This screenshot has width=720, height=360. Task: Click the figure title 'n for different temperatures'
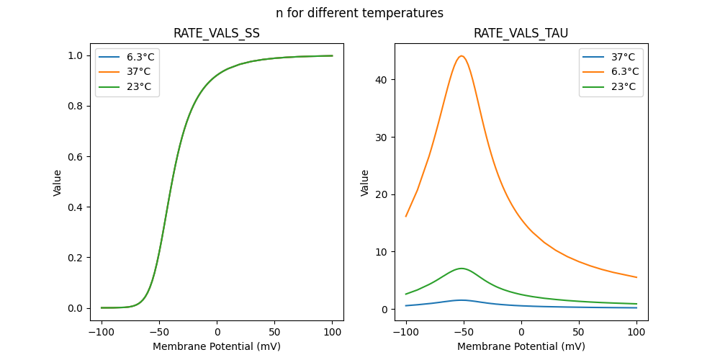click(x=359, y=13)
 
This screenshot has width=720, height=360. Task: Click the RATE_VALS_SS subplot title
click(x=217, y=34)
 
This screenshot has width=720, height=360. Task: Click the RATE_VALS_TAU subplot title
click(x=521, y=34)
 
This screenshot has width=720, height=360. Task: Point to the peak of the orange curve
click(x=462, y=56)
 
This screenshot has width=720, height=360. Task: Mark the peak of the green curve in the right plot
click(x=462, y=269)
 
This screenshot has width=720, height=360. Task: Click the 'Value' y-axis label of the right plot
click(x=365, y=183)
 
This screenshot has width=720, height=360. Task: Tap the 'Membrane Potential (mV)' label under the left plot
click(x=217, y=346)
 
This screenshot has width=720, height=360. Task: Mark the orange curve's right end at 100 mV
click(x=636, y=277)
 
